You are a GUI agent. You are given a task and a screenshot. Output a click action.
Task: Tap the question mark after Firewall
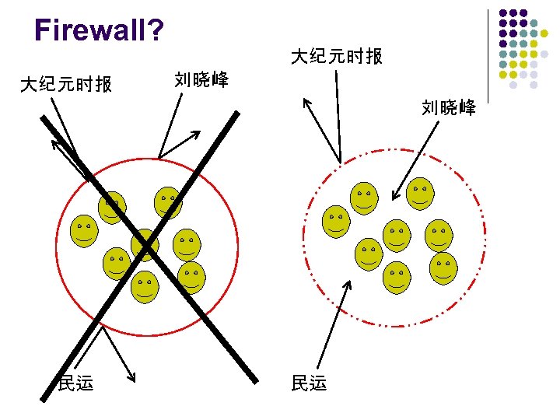(x=156, y=30)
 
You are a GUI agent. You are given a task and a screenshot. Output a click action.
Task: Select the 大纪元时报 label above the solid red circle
(x=66, y=83)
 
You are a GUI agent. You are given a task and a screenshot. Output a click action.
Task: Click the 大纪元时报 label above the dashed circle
(x=336, y=57)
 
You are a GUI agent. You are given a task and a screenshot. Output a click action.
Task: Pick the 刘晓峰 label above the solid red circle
(x=201, y=79)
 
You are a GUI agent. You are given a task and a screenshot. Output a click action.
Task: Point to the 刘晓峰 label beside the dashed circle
(x=449, y=108)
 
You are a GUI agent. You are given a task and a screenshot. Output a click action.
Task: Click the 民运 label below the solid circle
(x=76, y=382)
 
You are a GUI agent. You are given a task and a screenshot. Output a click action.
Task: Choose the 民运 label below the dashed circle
(x=309, y=382)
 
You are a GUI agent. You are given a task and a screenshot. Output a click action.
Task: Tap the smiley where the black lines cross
(x=145, y=244)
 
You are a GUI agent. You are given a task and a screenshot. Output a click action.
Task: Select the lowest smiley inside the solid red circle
(x=145, y=287)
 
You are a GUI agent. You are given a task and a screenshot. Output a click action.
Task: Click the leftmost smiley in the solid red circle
(x=84, y=230)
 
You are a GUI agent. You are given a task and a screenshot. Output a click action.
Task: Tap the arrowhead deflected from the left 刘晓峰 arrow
(x=197, y=134)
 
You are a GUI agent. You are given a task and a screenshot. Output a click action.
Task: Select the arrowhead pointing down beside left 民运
(x=132, y=378)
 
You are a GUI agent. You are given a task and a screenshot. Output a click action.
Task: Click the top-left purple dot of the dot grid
(x=503, y=14)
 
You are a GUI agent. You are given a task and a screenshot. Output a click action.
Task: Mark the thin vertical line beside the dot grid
(x=488, y=54)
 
